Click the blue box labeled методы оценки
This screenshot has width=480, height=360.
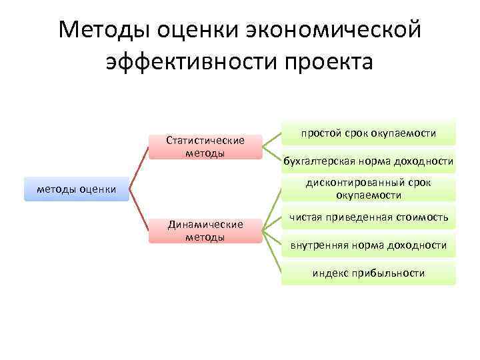click(76, 189)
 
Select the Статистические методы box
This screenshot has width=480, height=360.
click(205, 147)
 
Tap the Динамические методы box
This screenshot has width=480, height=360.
click(205, 231)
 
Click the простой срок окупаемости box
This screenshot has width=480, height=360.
click(368, 133)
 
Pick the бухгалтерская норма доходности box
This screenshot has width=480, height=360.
click(368, 161)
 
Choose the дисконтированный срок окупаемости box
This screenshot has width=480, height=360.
click(368, 189)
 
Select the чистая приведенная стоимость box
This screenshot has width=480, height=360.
click(368, 217)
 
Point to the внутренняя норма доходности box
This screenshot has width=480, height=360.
click(368, 245)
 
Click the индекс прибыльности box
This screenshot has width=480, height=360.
click(368, 273)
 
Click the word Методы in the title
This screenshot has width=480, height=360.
click(103, 30)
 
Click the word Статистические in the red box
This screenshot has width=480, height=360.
click(205, 141)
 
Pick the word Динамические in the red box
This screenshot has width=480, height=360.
click(205, 225)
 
